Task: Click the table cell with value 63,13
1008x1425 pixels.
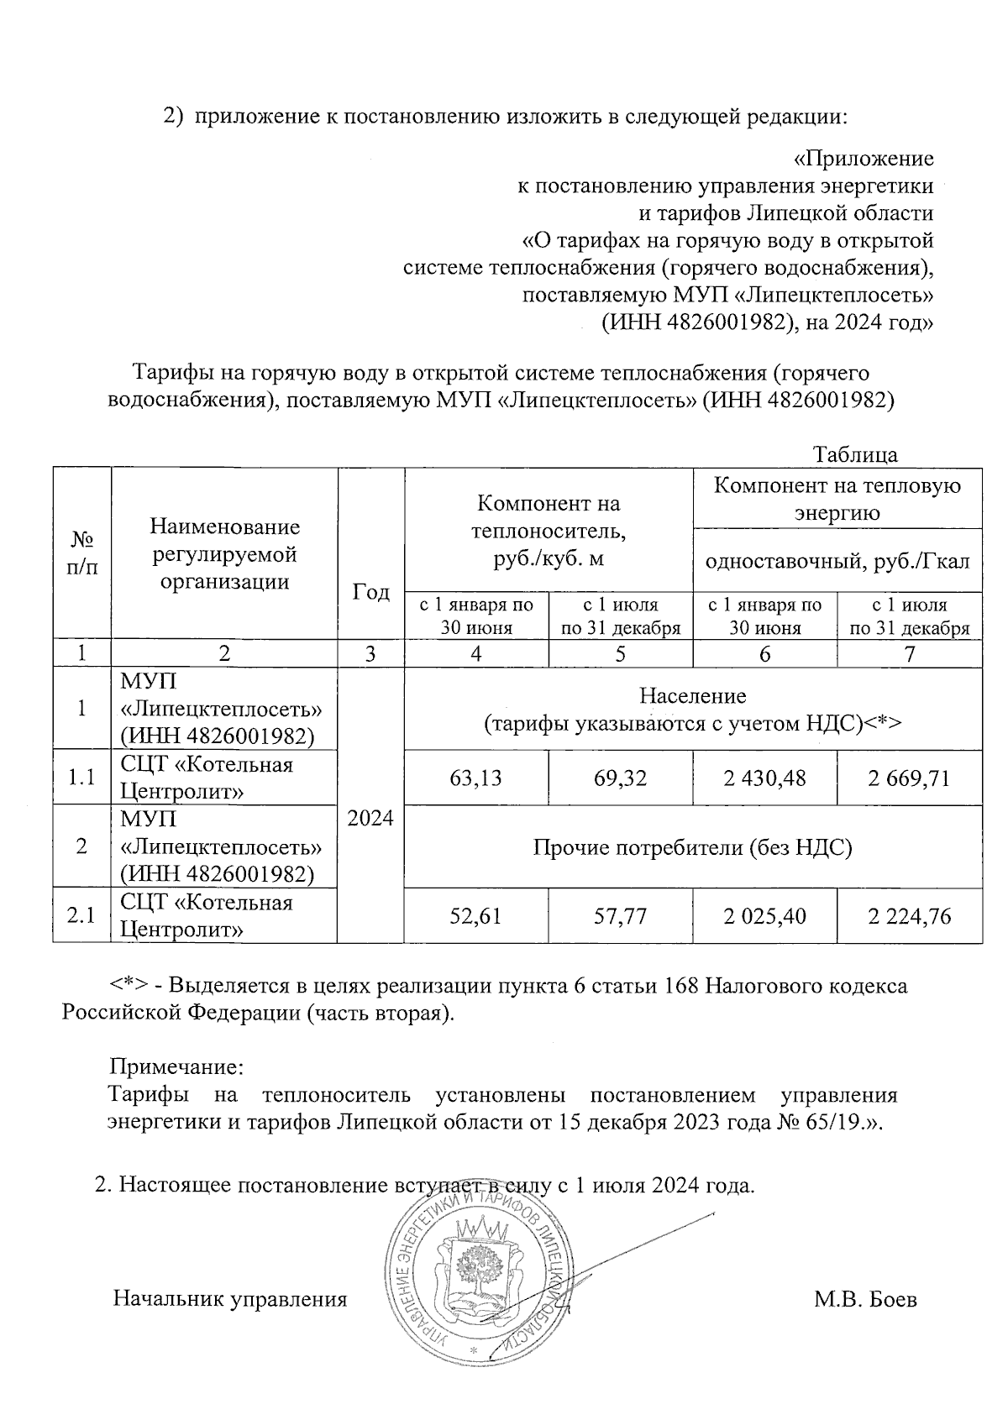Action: (x=475, y=778)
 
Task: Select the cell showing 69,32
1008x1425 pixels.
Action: (x=620, y=778)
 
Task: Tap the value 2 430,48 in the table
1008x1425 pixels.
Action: (x=764, y=778)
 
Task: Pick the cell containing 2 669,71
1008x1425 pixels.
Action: (x=910, y=778)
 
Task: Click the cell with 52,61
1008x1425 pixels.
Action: (x=475, y=915)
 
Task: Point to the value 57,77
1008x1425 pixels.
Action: (x=620, y=915)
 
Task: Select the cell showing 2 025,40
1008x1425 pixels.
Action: (x=764, y=915)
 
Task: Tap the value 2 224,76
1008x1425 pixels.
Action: (x=910, y=915)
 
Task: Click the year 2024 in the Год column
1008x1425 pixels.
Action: (x=370, y=818)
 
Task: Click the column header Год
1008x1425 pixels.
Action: (x=370, y=592)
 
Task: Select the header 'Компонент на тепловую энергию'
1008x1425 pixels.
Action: (x=837, y=498)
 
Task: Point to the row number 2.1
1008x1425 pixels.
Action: (x=81, y=915)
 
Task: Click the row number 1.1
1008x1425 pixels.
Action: (x=81, y=778)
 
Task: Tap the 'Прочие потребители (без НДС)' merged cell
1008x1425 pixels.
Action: (x=693, y=847)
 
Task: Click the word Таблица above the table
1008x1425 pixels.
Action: (x=855, y=454)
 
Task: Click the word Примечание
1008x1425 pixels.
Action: (x=176, y=1068)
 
